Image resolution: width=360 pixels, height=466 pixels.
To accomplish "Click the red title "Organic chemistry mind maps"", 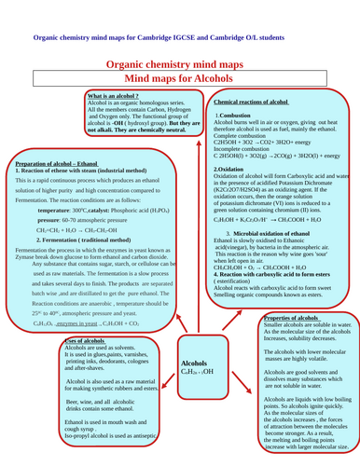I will pyautogui.click(x=179, y=62).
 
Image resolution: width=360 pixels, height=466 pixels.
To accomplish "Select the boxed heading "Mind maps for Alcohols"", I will pyautogui.click(x=179, y=79).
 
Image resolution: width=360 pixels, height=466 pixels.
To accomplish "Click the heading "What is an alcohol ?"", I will pyautogui.click(x=113, y=96).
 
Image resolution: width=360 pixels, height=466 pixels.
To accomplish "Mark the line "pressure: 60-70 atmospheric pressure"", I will pyautogui.click(x=83, y=216).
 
